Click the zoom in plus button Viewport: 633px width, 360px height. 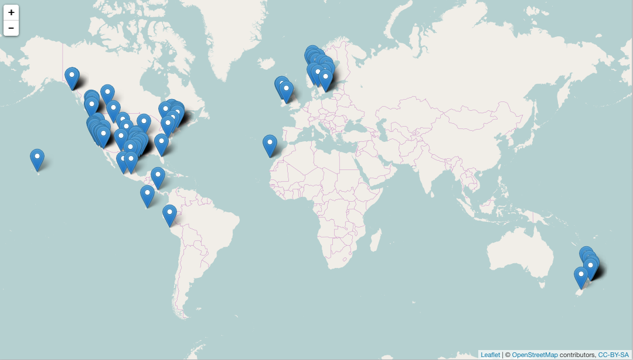(x=11, y=12)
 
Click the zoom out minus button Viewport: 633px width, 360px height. (x=11, y=28)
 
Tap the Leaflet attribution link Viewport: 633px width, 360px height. (x=490, y=355)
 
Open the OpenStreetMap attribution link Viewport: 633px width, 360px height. (x=535, y=355)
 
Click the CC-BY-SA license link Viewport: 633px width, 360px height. (x=613, y=355)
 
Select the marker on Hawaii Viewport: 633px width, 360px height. (x=37, y=158)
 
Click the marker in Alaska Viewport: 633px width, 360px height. (x=72, y=76)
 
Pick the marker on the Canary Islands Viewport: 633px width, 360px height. (x=270, y=144)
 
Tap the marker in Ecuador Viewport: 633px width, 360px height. (x=169, y=214)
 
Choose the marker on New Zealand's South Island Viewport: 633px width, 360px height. (x=581, y=276)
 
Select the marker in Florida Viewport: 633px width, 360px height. (x=161, y=143)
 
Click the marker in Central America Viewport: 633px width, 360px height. (x=147, y=195)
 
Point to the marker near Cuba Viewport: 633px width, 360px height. (x=158, y=176)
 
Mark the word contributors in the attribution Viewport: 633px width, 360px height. (x=577, y=355)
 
